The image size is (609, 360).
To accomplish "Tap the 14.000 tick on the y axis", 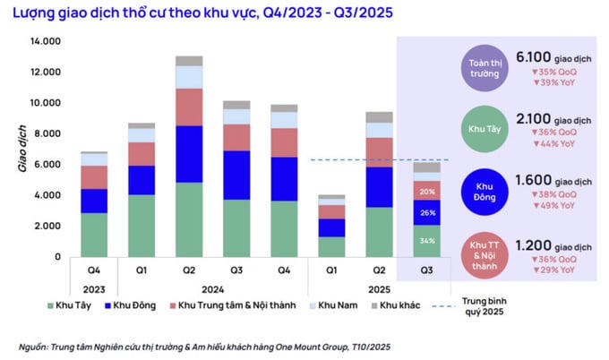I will [x=44, y=41].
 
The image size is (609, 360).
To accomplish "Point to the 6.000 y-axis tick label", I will [x=47, y=164].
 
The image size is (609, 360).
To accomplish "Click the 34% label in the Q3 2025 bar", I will [x=427, y=240].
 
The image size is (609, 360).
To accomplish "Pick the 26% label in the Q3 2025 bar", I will [x=427, y=212].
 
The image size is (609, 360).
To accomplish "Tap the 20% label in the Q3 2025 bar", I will [x=427, y=191].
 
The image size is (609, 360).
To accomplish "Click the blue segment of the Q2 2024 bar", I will [x=189, y=154].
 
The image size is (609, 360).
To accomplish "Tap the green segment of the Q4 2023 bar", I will [x=94, y=235].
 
